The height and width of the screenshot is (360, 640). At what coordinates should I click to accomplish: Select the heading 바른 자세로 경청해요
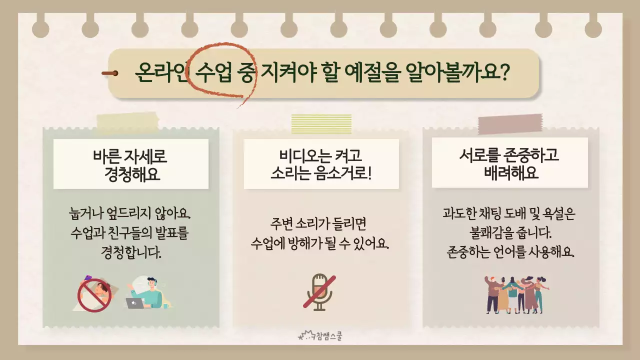[130, 164]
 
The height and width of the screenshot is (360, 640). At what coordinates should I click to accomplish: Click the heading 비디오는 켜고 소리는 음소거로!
[321, 164]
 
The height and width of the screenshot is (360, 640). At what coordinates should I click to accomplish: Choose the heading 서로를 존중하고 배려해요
[509, 163]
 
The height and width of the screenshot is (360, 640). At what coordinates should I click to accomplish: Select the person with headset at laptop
[148, 293]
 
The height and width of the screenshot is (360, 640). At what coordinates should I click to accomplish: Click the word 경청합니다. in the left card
[131, 252]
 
